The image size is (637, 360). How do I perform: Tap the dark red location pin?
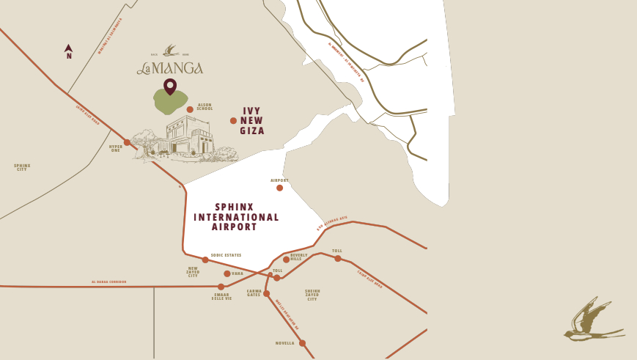coord(170,87)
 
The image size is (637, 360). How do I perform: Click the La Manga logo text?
coord(170,68)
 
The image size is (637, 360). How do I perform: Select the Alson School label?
coord(205,107)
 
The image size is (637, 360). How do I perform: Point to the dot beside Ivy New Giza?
coord(233,121)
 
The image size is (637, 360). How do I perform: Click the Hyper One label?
coord(115,148)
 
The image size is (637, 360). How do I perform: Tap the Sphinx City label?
coord(22,167)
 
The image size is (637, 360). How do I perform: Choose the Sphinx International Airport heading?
coord(236,217)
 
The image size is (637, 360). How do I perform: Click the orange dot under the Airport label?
coord(279,188)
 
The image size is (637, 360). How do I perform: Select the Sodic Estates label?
coord(226,255)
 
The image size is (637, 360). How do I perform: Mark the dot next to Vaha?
coord(227,273)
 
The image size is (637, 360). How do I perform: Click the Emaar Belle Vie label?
coord(221,297)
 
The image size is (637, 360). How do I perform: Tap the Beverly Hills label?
coord(299,257)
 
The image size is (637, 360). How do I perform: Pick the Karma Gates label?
coord(254,293)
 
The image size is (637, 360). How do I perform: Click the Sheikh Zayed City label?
coord(312,295)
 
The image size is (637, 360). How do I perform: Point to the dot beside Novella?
coord(302,343)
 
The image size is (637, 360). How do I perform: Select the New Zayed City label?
coord(193,272)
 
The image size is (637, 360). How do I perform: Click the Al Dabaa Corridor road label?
coord(109,282)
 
